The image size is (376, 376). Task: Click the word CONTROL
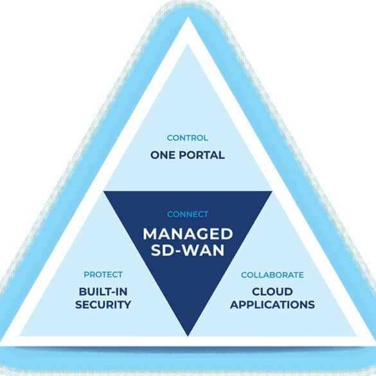[188, 138]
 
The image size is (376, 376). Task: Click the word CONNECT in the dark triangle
[188, 214]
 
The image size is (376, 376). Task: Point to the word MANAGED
[188, 234]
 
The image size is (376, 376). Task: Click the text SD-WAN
[188, 251]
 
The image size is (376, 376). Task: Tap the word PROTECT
[103, 274]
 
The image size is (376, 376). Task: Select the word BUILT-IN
[103, 292]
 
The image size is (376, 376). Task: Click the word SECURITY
[103, 305]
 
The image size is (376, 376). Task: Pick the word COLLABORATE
[273, 275]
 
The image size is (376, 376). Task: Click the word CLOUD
[273, 292]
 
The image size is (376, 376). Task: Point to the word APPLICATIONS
[273, 305]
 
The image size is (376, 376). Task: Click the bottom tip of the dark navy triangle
[188, 336]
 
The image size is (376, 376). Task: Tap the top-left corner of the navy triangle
[103, 192]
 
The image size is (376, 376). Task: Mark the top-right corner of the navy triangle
[272, 192]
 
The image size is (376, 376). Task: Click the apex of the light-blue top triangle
[188, 44]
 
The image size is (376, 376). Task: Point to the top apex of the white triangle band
[188, 17]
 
